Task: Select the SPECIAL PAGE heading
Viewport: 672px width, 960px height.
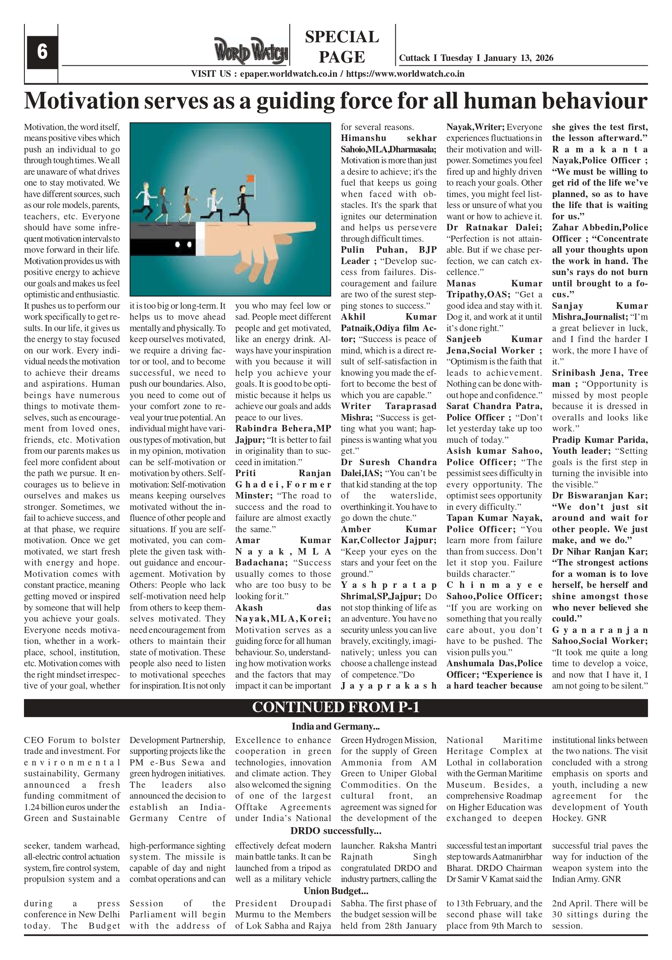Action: [x=342, y=47]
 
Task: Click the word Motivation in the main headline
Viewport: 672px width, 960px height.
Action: [x=82, y=101]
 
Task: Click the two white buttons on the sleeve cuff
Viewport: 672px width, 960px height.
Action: [x=183, y=244]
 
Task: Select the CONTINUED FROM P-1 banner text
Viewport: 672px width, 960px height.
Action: [x=335, y=707]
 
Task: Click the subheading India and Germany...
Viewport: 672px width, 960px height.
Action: [x=335, y=726]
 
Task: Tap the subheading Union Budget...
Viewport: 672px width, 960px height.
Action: [x=335, y=891]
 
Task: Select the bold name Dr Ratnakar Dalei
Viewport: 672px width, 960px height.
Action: [x=494, y=228]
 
